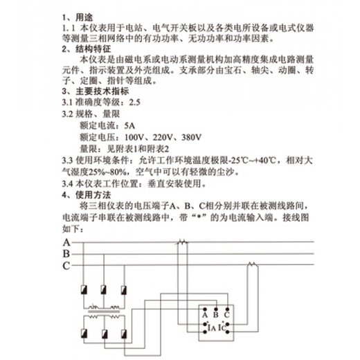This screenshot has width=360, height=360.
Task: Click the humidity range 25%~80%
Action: [x=86, y=170]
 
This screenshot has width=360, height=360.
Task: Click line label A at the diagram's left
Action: [x=67, y=242]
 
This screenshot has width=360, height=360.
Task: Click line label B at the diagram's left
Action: [x=67, y=253]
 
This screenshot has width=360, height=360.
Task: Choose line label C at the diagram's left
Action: [x=67, y=264]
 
